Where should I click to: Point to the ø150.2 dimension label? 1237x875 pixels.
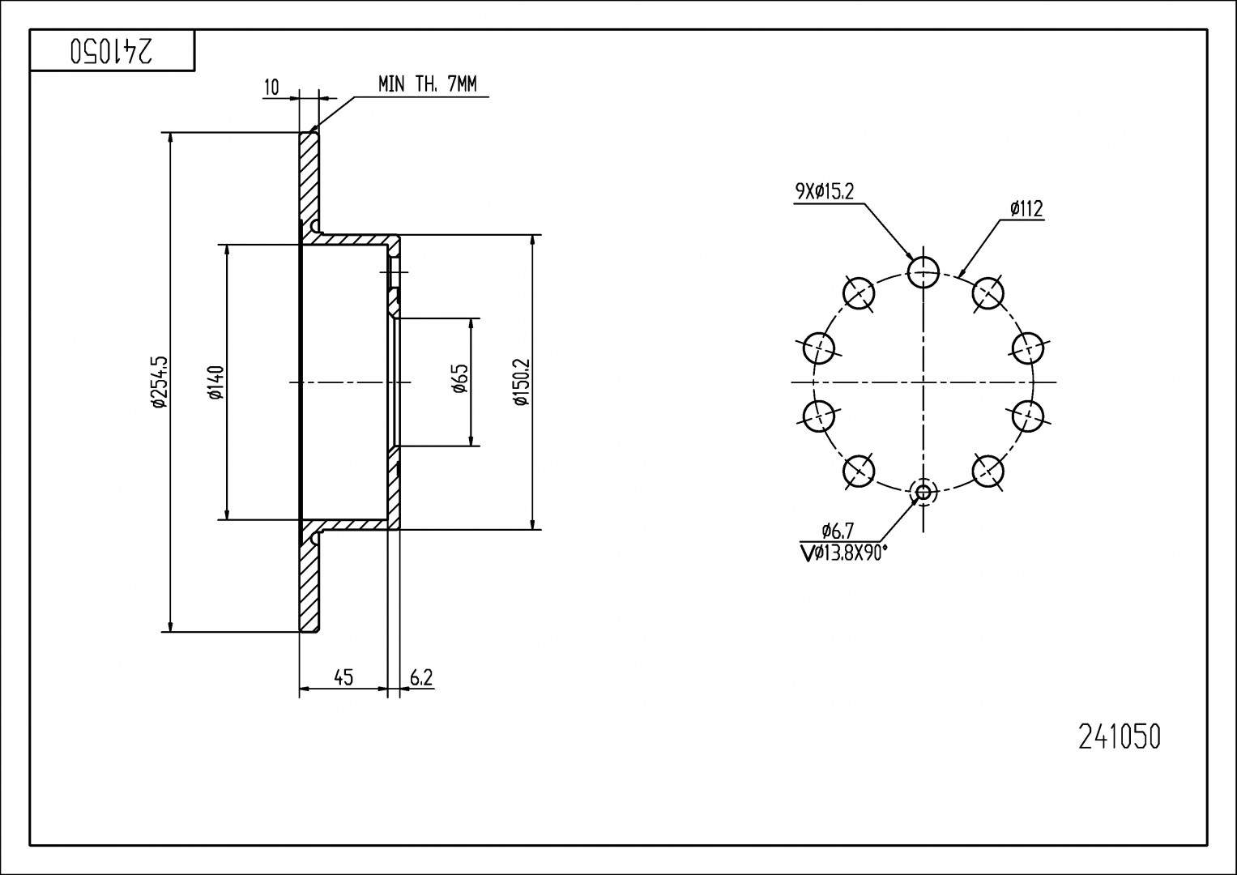521,382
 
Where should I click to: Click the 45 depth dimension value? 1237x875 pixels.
343,677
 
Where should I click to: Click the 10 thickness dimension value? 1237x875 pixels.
272,87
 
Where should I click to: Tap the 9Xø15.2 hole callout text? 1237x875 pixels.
825,192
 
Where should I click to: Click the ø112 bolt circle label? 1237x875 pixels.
1026,209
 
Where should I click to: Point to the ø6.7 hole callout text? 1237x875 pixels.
837,531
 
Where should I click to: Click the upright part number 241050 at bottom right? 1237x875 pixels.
1120,736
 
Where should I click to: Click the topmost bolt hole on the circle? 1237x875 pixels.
923,271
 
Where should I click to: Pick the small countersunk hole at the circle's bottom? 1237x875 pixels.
923,491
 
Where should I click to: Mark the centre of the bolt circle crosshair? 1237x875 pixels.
923,382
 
